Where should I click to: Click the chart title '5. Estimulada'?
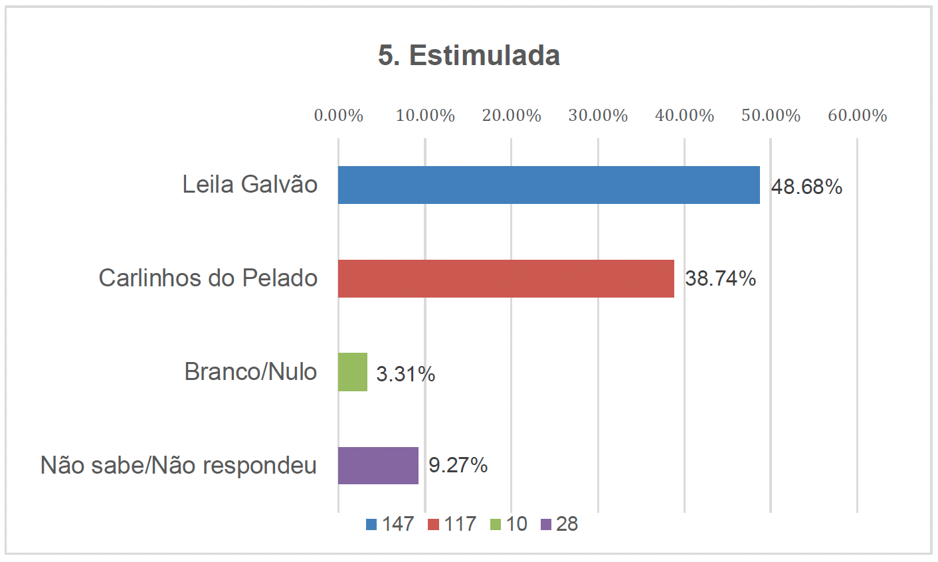click(469, 55)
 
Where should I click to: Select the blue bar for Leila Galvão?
click(548, 185)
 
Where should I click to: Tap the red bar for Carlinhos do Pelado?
click(506, 278)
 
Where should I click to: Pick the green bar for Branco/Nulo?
click(353, 372)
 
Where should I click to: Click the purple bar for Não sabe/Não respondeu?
click(378, 465)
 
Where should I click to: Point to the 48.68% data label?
click(806, 187)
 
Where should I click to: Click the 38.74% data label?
click(720, 278)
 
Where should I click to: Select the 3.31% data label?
click(405, 374)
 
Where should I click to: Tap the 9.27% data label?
click(458, 465)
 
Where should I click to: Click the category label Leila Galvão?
click(250, 184)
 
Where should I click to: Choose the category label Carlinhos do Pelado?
click(208, 278)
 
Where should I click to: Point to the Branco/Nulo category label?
click(250, 371)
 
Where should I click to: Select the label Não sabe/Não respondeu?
click(179, 465)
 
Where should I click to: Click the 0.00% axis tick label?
click(338, 116)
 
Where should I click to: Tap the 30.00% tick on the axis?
click(598, 116)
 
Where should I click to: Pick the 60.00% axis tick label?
click(857, 116)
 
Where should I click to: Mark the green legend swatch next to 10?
click(496, 525)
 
